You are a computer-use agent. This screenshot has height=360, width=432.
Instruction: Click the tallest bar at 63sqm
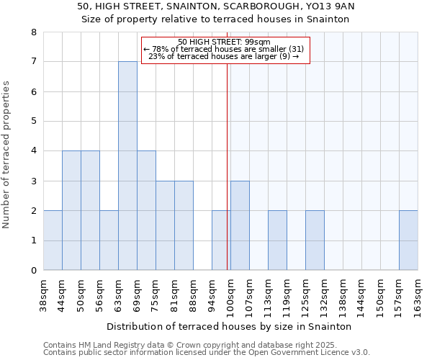127,166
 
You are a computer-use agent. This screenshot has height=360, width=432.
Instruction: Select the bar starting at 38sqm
53,240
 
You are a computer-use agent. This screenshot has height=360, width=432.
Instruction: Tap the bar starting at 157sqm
408,240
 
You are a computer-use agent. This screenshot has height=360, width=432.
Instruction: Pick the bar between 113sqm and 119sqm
277,240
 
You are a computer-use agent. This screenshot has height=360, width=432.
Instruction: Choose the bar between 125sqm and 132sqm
315,240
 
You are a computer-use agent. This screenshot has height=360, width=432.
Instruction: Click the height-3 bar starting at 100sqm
240,225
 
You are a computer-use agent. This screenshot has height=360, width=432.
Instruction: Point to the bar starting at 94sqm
221,240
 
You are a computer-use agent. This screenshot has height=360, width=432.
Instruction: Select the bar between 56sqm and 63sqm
109,240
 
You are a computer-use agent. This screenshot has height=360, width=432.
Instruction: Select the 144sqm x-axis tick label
362,294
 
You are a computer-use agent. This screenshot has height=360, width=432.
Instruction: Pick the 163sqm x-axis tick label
418,294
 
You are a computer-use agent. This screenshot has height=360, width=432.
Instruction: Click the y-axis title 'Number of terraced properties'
7,154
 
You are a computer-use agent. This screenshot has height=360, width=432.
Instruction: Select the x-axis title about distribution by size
230,326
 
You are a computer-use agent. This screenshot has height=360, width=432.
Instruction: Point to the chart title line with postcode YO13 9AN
216,6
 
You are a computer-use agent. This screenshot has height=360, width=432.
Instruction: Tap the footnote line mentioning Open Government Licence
207,353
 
